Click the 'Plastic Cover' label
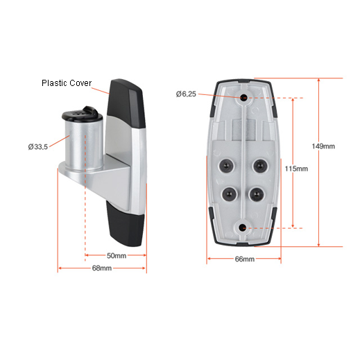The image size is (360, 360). pyautogui.click(x=67, y=83)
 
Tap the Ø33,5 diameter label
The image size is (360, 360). pyautogui.click(x=38, y=146)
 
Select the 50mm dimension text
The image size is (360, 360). pyautogui.click(x=117, y=255)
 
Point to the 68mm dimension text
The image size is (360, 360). pyautogui.click(x=102, y=268)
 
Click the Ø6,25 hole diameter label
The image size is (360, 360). pyautogui.click(x=186, y=94)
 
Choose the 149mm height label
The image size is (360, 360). pyautogui.click(x=323, y=146)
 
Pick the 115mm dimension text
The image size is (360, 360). pyautogui.click(x=296, y=169)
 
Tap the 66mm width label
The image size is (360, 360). pyautogui.click(x=245, y=259)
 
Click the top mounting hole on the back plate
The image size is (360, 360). pyautogui.click(x=243, y=97)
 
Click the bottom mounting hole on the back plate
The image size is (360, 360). pyautogui.click(x=242, y=228)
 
